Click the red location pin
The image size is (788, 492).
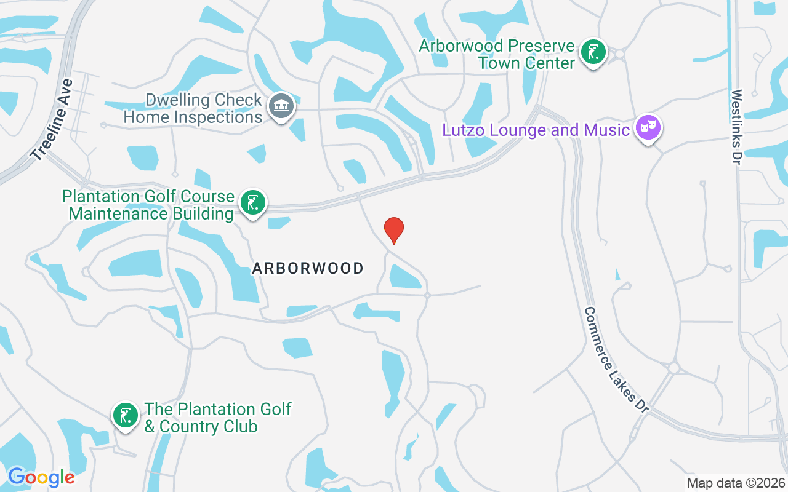tap(394, 230)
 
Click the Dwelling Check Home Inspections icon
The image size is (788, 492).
tap(281, 107)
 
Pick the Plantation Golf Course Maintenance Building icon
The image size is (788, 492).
tap(252, 202)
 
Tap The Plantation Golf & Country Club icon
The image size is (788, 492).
tap(126, 416)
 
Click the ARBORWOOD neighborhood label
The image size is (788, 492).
tap(308, 268)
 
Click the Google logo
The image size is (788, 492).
tap(41, 477)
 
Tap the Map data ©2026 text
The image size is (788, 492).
tap(736, 483)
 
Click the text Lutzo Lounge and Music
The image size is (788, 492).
tap(536, 130)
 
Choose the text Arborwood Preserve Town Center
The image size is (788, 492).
tap(497, 54)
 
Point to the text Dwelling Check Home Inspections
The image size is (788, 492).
tap(193, 108)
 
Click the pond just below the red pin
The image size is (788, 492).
tap(404, 277)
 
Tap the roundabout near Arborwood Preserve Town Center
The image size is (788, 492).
tap(619, 54)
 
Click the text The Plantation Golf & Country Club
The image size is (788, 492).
tap(218, 418)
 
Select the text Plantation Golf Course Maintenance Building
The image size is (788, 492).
tap(148, 205)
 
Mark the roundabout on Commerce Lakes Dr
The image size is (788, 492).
tap(674, 368)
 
